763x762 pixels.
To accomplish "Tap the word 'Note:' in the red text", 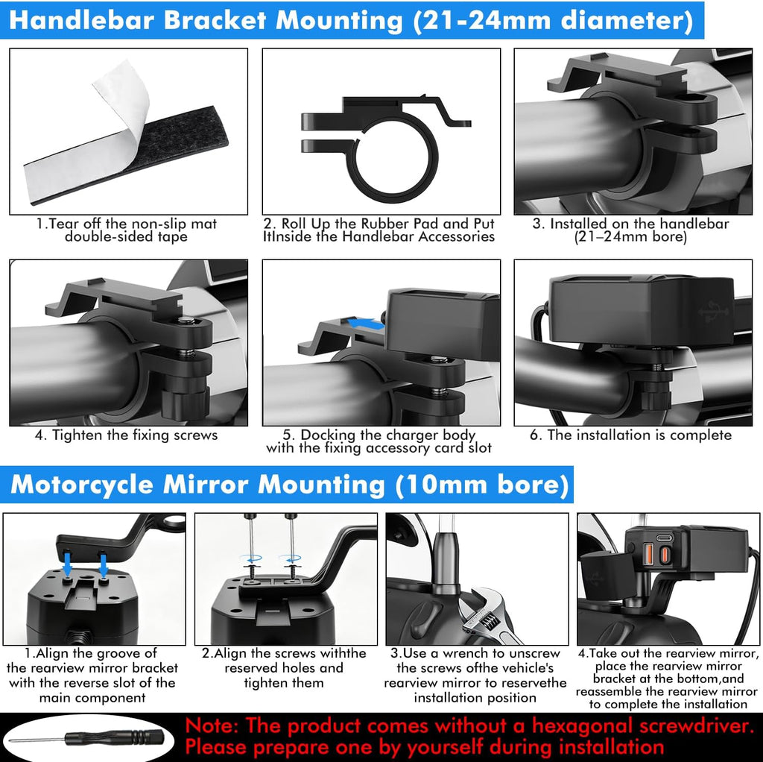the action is click(212, 726).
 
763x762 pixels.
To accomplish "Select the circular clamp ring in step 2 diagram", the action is click(393, 157).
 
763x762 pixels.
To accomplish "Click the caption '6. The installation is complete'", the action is click(630, 435).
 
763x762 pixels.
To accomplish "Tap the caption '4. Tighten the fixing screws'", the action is click(126, 435).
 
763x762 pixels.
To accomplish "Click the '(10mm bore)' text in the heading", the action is click(482, 485).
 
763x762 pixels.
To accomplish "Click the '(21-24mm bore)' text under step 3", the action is click(630, 237).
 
